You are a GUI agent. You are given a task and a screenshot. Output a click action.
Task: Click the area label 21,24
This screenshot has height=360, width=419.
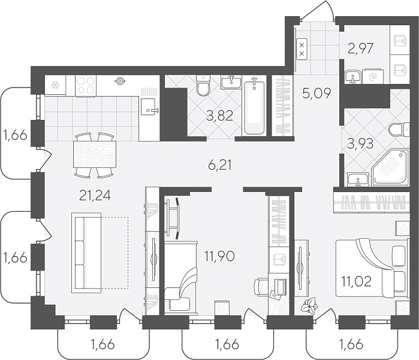click(x=95, y=196)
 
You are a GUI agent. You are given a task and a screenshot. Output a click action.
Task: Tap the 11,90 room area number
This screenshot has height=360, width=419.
click(x=219, y=256)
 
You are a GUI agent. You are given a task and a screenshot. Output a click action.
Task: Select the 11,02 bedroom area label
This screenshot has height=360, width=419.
click(x=357, y=281)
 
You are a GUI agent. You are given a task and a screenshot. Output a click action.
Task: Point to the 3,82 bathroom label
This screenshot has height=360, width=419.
click(x=220, y=116)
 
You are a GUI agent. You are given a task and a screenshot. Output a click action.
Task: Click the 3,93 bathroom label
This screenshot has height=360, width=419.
click(x=360, y=144)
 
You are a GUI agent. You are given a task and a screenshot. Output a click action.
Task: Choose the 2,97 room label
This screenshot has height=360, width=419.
click(x=361, y=49)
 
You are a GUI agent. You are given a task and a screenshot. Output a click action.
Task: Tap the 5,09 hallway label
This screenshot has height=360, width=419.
click(x=317, y=93)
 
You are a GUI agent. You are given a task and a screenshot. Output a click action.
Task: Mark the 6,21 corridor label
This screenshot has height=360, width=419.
click(x=219, y=165)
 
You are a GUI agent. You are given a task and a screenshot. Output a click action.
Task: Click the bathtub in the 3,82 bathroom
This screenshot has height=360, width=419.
click(x=254, y=106)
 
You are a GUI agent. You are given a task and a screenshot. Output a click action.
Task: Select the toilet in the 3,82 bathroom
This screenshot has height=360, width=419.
click(x=203, y=85)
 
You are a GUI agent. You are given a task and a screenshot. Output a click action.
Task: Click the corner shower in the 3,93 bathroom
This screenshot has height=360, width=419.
click(x=390, y=167)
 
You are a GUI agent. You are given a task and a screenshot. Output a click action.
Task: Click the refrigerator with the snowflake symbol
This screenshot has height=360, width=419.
click(x=55, y=85)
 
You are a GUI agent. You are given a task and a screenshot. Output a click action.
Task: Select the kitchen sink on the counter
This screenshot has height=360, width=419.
click(x=148, y=106)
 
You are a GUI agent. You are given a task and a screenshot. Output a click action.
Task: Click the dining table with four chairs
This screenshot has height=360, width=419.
click(x=95, y=155)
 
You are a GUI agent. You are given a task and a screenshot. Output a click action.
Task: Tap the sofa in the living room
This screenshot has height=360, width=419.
click(x=86, y=253)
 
